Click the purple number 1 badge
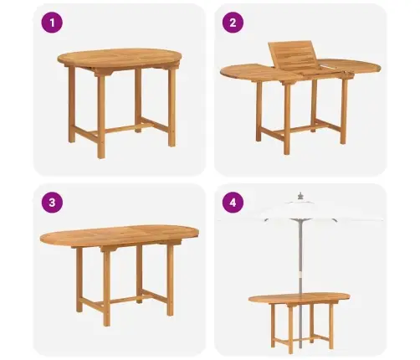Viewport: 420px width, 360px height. (52, 23)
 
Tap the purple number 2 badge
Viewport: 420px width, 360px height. (233, 23)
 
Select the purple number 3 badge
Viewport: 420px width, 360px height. (52, 203)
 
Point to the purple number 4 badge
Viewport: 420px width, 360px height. (233, 203)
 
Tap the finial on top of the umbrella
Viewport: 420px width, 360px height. (300, 196)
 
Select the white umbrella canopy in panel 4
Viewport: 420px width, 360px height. (300, 210)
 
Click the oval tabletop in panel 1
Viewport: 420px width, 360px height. (120, 59)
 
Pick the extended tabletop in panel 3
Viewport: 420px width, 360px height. (120, 236)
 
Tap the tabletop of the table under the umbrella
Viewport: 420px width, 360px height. (299, 298)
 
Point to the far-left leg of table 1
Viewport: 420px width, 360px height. (72, 105)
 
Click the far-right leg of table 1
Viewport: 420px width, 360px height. (172, 107)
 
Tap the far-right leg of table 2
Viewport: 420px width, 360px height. (344, 111)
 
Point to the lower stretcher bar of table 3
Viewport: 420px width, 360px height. (123, 301)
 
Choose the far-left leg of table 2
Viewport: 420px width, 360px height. (259, 111)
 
